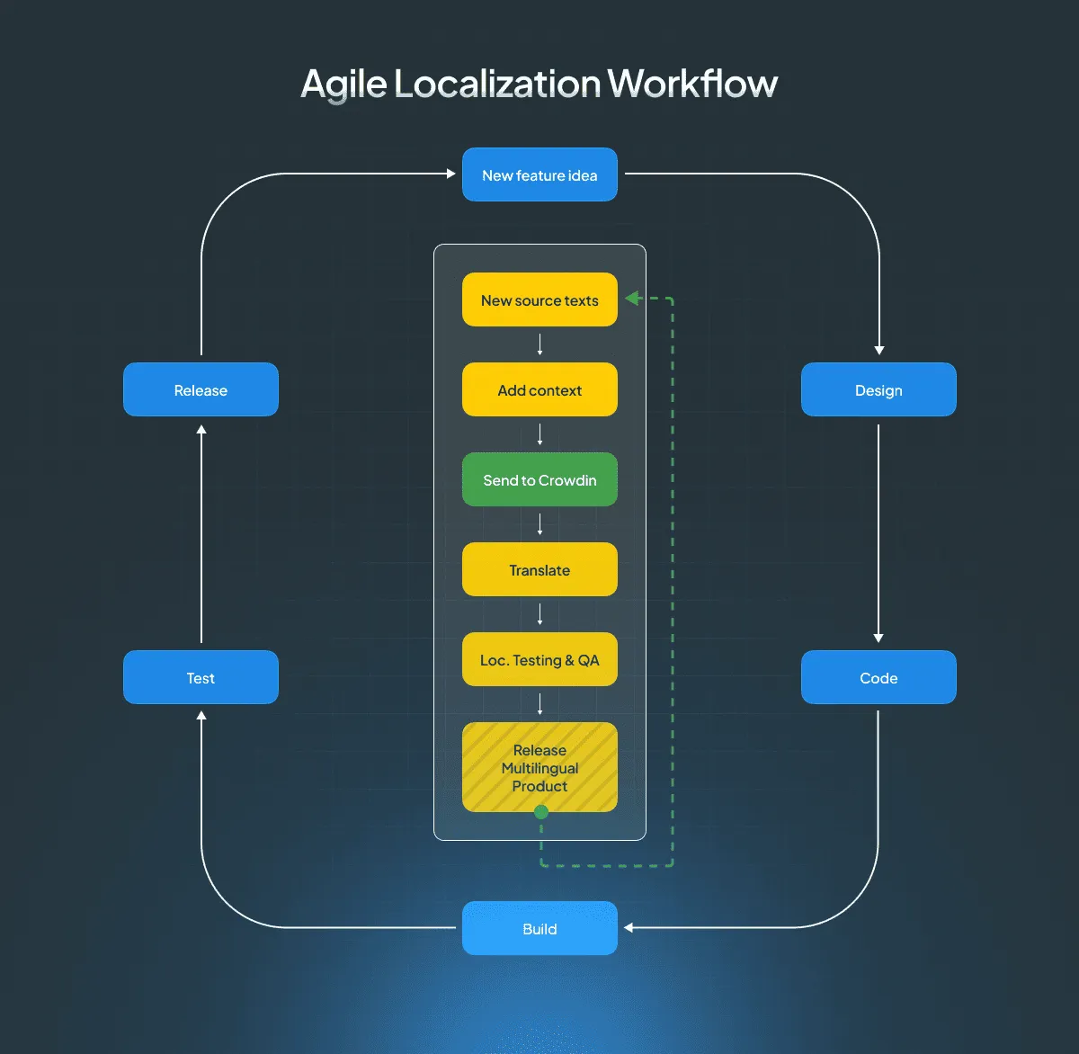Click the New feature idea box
click(539, 174)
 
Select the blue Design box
click(878, 389)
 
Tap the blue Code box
click(878, 677)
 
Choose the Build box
click(539, 928)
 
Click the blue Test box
click(201, 677)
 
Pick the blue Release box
click(201, 389)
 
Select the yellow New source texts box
click(539, 299)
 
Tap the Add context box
click(539, 389)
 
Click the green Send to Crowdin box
click(539, 479)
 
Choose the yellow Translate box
click(539, 569)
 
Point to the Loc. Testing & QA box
click(539, 659)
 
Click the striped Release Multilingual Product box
click(539, 767)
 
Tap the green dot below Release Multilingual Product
click(541, 812)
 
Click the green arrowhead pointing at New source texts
click(632, 299)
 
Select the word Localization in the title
click(497, 84)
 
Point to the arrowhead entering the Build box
click(629, 927)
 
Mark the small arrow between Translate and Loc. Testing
click(539, 614)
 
